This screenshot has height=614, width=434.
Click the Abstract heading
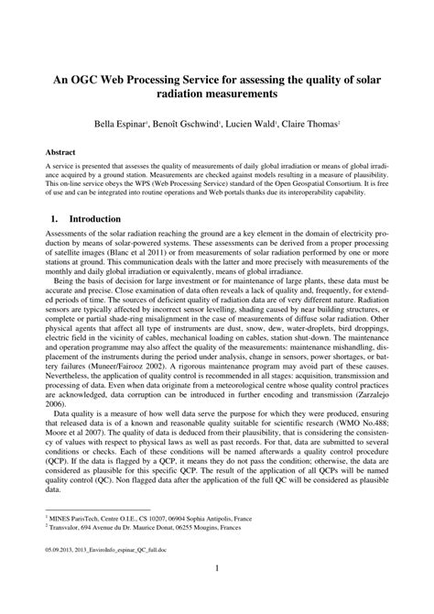[x=61, y=149]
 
